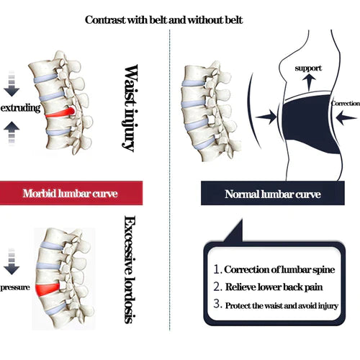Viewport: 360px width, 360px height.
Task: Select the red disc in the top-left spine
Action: [x=58, y=112]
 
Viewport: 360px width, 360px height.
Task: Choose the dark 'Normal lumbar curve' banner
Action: [x=270, y=194]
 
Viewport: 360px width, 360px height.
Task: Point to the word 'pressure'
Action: [x=16, y=287]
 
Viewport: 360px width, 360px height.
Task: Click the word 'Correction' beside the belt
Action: [x=344, y=103]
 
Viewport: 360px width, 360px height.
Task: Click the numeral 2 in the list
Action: [x=217, y=288]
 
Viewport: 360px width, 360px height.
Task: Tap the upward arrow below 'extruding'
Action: [x=10, y=131]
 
